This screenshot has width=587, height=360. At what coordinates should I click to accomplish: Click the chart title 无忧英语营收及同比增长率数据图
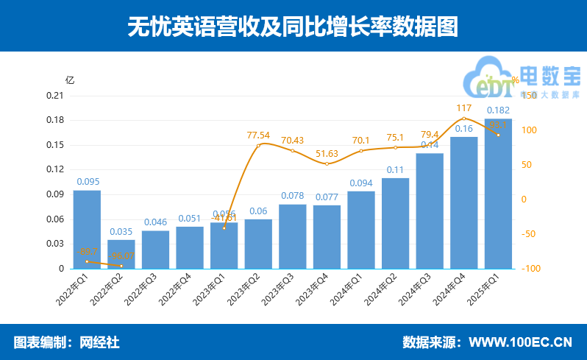click(293, 27)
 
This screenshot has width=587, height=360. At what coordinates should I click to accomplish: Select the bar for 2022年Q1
click(87, 229)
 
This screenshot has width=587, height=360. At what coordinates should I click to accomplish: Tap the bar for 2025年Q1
click(498, 194)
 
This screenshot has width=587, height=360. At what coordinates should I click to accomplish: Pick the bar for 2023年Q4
click(327, 236)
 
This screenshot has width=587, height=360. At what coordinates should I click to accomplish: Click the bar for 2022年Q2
click(121, 254)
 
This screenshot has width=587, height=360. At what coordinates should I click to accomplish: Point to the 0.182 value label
click(499, 110)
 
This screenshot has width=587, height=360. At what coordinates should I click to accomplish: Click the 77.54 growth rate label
click(258, 135)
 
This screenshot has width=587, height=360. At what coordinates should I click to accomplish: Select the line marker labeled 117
click(463, 119)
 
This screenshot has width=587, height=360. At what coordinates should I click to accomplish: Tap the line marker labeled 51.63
click(327, 163)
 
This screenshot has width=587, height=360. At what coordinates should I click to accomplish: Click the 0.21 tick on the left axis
click(54, 96)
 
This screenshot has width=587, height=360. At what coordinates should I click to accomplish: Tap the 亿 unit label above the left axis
click(69, 80)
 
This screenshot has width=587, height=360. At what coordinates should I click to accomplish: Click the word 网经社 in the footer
click(99, 342)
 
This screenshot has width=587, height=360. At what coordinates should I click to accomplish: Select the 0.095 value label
click(87, 182)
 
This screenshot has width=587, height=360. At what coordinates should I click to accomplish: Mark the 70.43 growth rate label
click(292, 141)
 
